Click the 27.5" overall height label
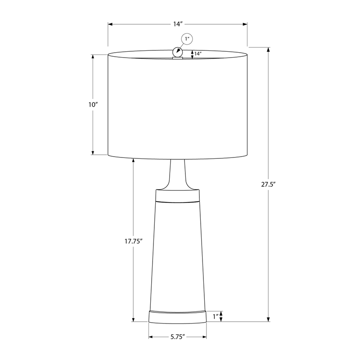pos(268,184)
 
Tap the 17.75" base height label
pos(134,241)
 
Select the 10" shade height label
pos(93,105)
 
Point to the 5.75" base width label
pos(178,337)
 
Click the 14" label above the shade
pos(178,24)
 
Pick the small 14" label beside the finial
pos(198,54)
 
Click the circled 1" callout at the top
pos(187,39)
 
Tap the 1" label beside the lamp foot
pos(216,317)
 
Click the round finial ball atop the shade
pos(178,52)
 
